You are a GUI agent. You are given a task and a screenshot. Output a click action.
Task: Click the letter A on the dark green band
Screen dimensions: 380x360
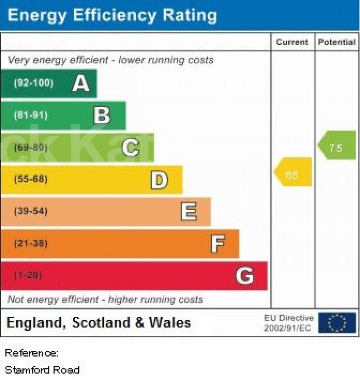pos(81,83)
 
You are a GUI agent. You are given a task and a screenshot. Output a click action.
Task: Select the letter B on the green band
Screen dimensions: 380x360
pos(102,115)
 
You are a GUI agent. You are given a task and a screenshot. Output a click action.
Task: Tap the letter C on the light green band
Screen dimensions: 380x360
pos(131,148)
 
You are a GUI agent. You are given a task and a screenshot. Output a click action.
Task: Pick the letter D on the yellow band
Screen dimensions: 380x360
pos(159,180)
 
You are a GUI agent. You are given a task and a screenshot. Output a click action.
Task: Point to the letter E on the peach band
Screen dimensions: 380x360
pos(189,212)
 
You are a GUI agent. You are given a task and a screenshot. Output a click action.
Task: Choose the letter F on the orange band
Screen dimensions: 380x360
pos(218,244)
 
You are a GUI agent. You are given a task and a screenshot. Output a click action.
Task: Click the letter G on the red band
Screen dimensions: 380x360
pos(245,276)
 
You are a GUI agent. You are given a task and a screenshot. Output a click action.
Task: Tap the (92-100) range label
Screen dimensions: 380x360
pos(33,83)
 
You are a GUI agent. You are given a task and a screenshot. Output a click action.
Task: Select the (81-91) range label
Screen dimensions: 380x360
pos(31,115)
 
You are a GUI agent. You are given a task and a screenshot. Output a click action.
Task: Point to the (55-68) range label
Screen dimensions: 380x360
pos(31,180)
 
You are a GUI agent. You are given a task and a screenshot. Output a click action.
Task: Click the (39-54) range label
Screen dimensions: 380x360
pos(31,212)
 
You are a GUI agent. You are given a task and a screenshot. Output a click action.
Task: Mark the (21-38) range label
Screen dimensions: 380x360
pos(31,244)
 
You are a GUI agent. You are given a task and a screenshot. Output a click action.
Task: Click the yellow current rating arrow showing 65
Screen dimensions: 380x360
pos(293,172)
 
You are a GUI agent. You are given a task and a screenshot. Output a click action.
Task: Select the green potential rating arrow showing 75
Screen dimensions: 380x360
pos(337,145)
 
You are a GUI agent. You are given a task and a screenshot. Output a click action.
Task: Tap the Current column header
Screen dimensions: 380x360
pos(292,42)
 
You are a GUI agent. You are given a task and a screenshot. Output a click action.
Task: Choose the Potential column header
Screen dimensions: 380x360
pos(337,42)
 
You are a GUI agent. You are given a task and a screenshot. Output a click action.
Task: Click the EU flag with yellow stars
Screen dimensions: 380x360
pos(337,323)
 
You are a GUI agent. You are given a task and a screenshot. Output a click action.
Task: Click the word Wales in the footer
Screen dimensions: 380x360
pos(170,322)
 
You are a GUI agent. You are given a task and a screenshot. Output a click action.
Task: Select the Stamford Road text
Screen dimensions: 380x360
pos(42,370)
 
